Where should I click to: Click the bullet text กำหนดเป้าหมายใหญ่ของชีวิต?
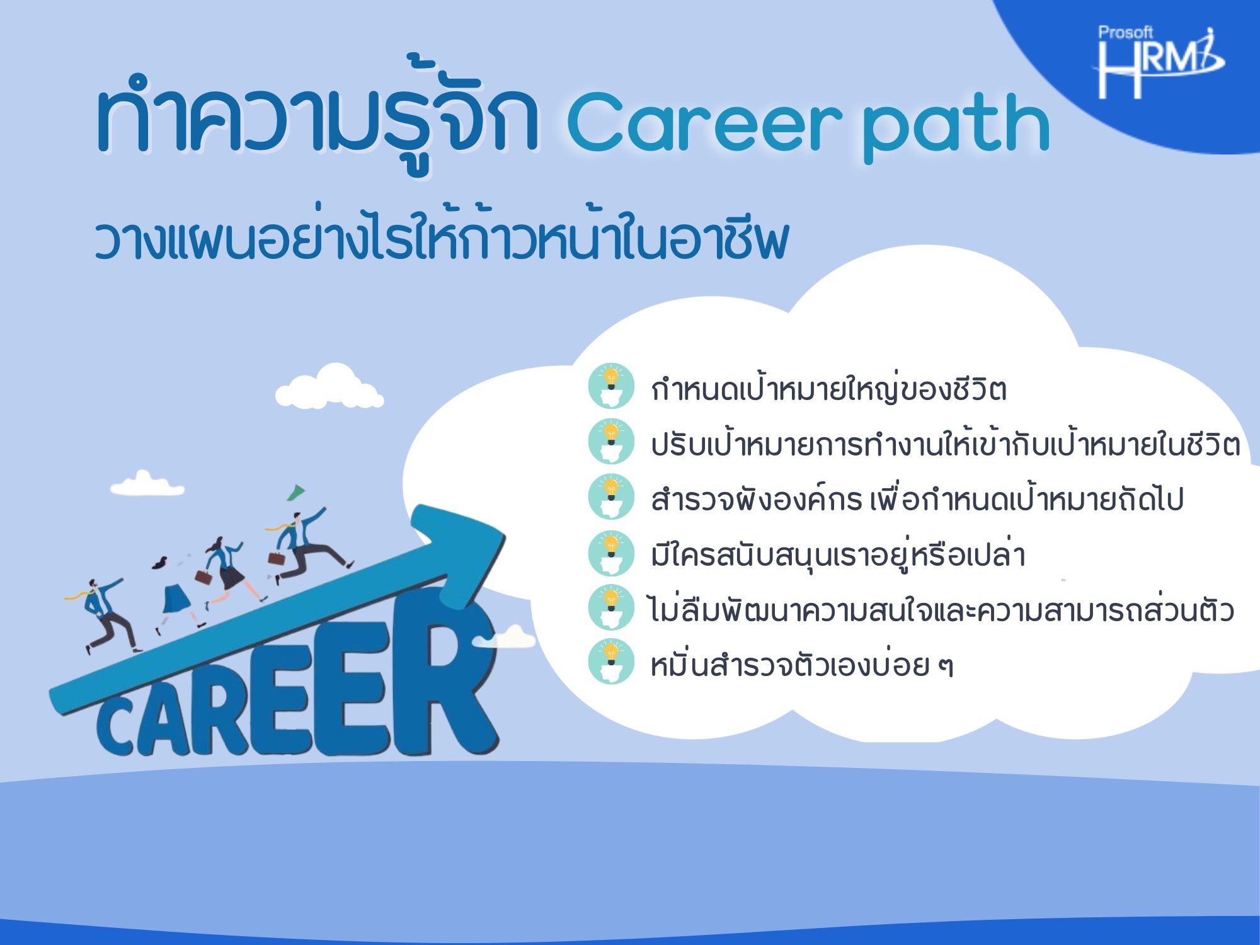pyautogui.click(x=828, y=388)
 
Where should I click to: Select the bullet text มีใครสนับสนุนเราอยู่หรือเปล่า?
pyautogui.click(x=838, y=554)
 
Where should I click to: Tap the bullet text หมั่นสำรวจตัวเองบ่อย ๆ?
pyautogui.click(x=802, y=665)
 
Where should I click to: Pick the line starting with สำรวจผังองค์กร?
pyautogui.click(x=917, y=499)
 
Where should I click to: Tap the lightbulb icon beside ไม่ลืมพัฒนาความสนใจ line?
pyautogui.click(x=610, y=607)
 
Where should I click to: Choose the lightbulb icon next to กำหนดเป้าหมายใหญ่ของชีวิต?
pyautogui.click(x=610, y=386)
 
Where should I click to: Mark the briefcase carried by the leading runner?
pyautogui.click(x=277, y=558)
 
